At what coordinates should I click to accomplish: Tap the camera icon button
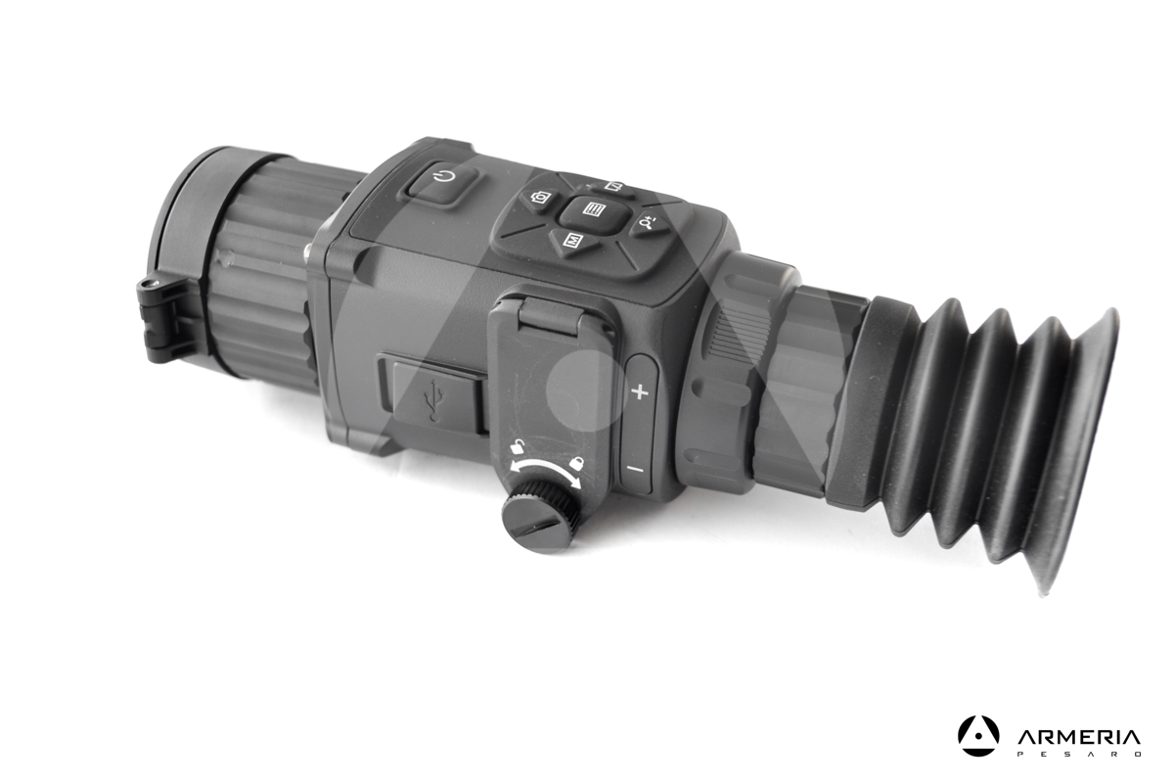[x=538, y=197]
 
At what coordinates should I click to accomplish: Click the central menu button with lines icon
[x=590, y=209]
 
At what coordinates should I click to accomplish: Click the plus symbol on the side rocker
[x=641, y=392]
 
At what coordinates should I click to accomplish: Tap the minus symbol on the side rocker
[x=634, y=469]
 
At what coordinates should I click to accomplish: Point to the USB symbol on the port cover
[x=431, y=398]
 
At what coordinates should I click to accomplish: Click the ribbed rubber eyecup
[x=988, y=431]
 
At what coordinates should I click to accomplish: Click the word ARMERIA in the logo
[x=1078, y=737]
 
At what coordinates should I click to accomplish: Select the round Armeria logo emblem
[x=978, y=736]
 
